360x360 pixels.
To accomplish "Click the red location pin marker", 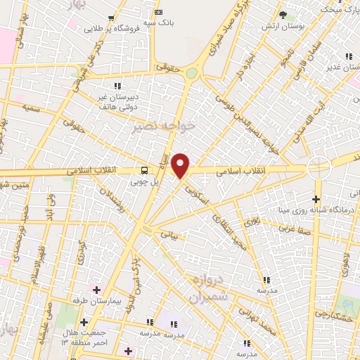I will coord(181,166).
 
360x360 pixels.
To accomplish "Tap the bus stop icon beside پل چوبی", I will coord(144,170).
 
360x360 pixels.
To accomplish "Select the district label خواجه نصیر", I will coord(160,126).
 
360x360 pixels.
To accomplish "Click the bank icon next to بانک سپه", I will coord(157,12).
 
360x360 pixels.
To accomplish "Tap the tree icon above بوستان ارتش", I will coord(283,14).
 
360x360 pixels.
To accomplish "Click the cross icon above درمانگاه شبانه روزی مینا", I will coord(316,199).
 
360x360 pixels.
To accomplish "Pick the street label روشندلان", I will coord(113,200).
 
